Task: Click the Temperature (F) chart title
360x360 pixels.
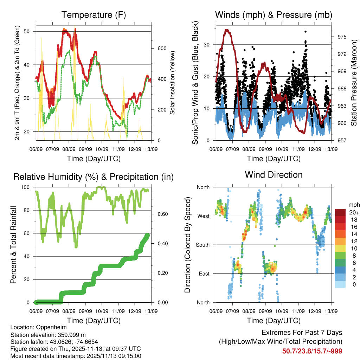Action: (x=94, y=15)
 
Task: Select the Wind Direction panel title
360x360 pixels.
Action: (x=274, y=175)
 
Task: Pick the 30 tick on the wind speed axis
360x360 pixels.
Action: (x=208, y=45)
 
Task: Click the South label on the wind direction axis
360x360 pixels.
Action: (x=203, y=245)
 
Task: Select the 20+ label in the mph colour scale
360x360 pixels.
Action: (x=354, y=212)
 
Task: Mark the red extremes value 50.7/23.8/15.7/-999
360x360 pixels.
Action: (x=312, y=351)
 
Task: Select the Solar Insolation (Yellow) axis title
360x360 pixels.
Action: (x=173, y=83)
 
